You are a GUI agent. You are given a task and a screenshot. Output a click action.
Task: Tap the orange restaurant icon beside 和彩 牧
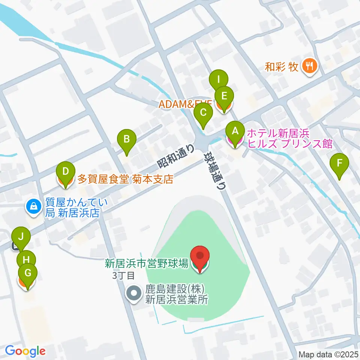(x=309, y=67)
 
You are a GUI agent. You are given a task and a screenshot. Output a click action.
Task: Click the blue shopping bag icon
(x=34, y=206)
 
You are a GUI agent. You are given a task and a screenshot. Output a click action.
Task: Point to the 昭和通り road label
(x=175, y=156)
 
